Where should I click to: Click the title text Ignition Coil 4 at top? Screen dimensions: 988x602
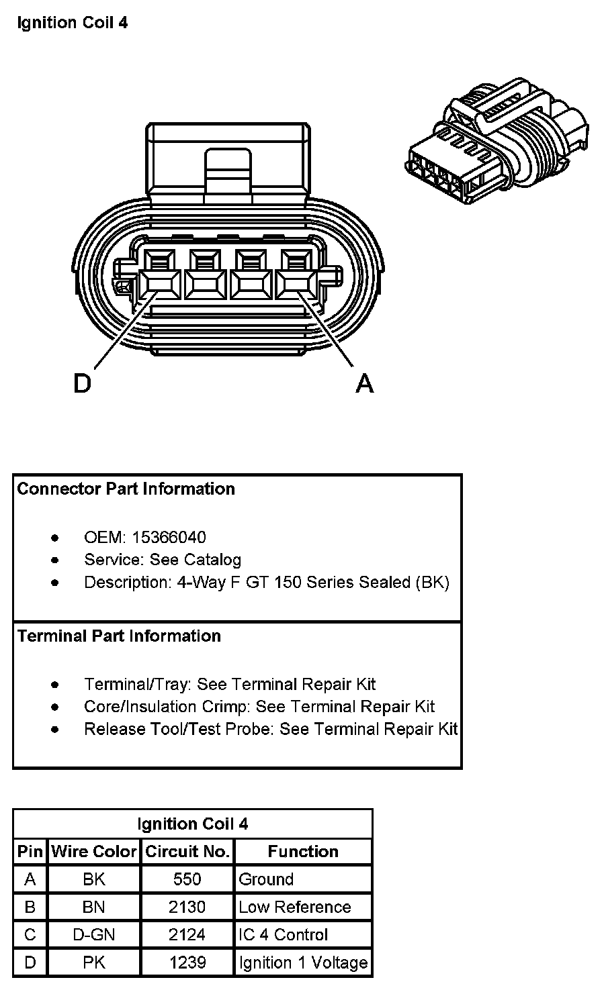click(x=73, y=23)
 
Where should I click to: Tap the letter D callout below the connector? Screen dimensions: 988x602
click(x=82, y=384)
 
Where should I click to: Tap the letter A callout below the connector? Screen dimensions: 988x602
click(x=364, y=384)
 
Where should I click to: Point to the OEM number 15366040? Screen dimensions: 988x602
click(x=169, y=538)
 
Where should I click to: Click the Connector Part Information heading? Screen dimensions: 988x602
click(x=126, y=489)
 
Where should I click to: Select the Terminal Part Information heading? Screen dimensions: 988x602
click(x=119, y=636)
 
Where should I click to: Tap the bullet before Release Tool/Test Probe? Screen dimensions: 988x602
click(x=55, y=730)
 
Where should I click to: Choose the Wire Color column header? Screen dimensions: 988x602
click(x=94, y=852)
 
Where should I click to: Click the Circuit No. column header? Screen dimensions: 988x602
click(x=187, y=852)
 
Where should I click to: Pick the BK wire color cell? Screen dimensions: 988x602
click(x=94, y=879)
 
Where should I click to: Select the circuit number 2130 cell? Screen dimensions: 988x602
click(x=187, y=907)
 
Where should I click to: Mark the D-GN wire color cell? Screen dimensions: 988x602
click(x=94, y=935)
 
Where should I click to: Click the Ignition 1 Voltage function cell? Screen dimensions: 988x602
click(x=304, y=963)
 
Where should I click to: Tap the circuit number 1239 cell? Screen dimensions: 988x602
click(x=187, y=963)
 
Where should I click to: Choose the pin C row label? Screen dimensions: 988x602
click(x=30, y=935)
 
